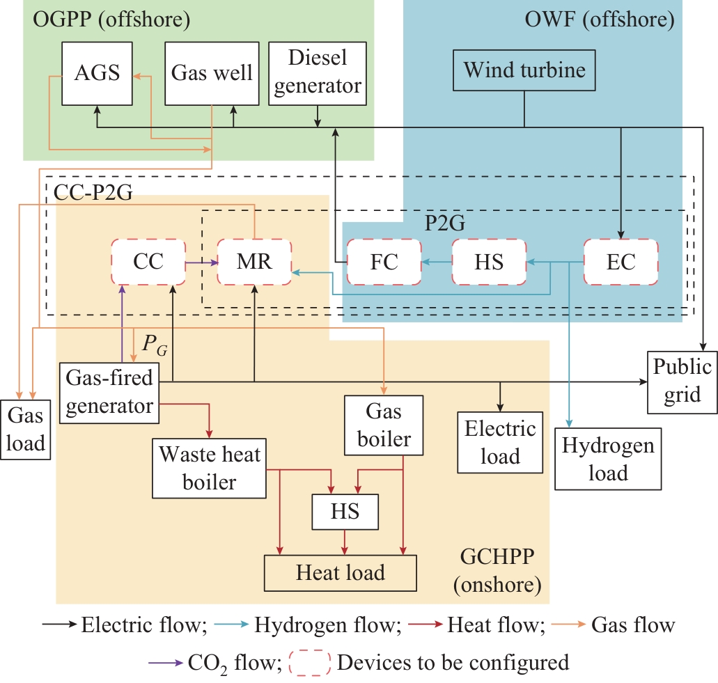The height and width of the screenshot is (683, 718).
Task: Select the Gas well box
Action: tap(212, 73)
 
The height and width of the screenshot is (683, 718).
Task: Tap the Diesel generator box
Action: tap(317, 73)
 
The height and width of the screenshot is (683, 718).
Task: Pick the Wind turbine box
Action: tap(524, 70)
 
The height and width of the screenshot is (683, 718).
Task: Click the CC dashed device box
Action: tap(148, 262)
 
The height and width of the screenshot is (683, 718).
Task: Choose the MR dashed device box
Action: tap(254, 262)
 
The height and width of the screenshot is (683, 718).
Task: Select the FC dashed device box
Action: tap(384, 262)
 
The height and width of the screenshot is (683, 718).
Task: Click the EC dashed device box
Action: tap(621, 262)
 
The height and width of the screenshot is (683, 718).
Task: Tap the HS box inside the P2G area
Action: tap(488, 262)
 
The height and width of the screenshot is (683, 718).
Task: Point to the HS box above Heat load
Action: tap(345, 512)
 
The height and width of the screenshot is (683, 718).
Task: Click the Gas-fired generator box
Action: tap(109, 392)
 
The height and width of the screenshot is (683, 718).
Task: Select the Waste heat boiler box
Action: tap(210, 469)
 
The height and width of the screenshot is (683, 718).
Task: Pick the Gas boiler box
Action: tap(384, 425)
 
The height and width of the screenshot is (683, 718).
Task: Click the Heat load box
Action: tap(340, 573)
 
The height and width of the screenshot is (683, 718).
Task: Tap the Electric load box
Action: tap(500, 442)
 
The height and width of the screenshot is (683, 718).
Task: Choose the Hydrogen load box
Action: tap(608, 459)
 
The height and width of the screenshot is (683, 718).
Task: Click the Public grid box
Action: tap(682, 381)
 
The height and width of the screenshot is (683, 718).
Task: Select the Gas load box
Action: tap(25, 430)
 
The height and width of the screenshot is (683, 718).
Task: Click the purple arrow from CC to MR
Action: tap(201, 263)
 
